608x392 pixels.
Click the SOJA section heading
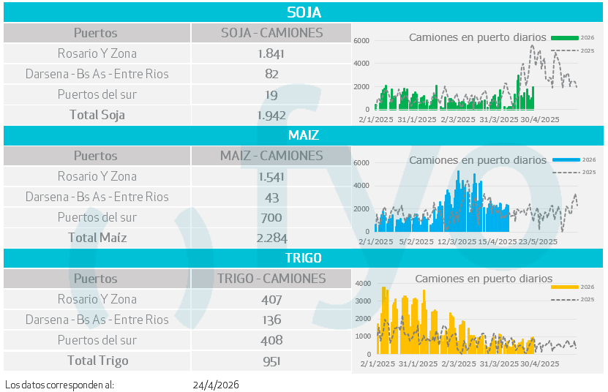(304, 12)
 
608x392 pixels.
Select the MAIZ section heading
(304, 135)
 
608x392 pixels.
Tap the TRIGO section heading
(304, 258)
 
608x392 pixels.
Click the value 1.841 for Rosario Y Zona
(271, 53)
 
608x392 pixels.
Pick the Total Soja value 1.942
(271, 115)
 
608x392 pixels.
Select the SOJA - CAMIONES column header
(271, 33)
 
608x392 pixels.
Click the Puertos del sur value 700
(271, 217)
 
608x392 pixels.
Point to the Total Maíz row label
(97, 238)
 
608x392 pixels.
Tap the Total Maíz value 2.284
(271, 238)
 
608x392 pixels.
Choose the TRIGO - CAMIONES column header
(271, 279)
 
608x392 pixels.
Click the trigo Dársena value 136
(271, 320)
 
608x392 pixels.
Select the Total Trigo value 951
(271, 361)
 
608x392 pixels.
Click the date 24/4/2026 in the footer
(216, 385)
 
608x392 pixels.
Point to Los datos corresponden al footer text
(60, 385)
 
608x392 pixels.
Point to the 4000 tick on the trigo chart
(363, 284)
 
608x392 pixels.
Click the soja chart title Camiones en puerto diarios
(477, 37)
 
